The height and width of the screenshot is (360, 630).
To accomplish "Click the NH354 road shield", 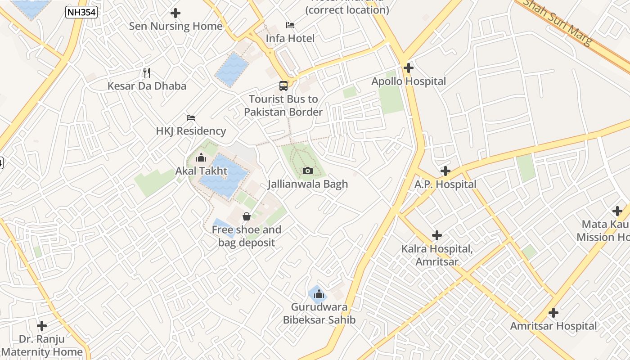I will [81, 12].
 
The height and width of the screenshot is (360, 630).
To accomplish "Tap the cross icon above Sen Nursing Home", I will [175, 13].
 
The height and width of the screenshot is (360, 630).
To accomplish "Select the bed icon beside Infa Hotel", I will [290, 25].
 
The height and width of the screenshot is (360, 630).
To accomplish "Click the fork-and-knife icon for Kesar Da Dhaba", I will [146, 72].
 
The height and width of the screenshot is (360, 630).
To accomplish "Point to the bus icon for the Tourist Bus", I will [283, 85].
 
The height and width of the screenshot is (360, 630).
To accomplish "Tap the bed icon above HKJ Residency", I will [191, 118].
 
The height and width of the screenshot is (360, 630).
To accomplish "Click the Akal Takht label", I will [201, 171].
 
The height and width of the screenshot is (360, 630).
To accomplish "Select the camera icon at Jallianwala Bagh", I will [308, 171].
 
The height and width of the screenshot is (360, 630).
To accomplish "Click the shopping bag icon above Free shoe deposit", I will [246, 216].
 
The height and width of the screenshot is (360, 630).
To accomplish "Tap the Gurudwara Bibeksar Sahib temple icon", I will [319, 294].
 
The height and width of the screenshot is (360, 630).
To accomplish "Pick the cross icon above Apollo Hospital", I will [409, 68].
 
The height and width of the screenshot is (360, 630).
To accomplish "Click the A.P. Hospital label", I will [445, 184].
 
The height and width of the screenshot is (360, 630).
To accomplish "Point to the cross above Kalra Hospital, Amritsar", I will [436, 235].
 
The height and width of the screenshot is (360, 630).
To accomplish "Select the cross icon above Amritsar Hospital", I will [553, 313].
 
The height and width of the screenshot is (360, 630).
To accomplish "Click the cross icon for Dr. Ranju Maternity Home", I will [42, 325].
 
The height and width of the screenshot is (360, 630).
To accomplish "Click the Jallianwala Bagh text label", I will [308, 184].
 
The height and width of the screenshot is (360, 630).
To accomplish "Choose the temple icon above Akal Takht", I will [201, 158].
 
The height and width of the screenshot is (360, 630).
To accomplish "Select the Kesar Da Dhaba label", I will [147, 85].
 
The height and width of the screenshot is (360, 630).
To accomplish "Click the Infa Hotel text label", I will [290, 38].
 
